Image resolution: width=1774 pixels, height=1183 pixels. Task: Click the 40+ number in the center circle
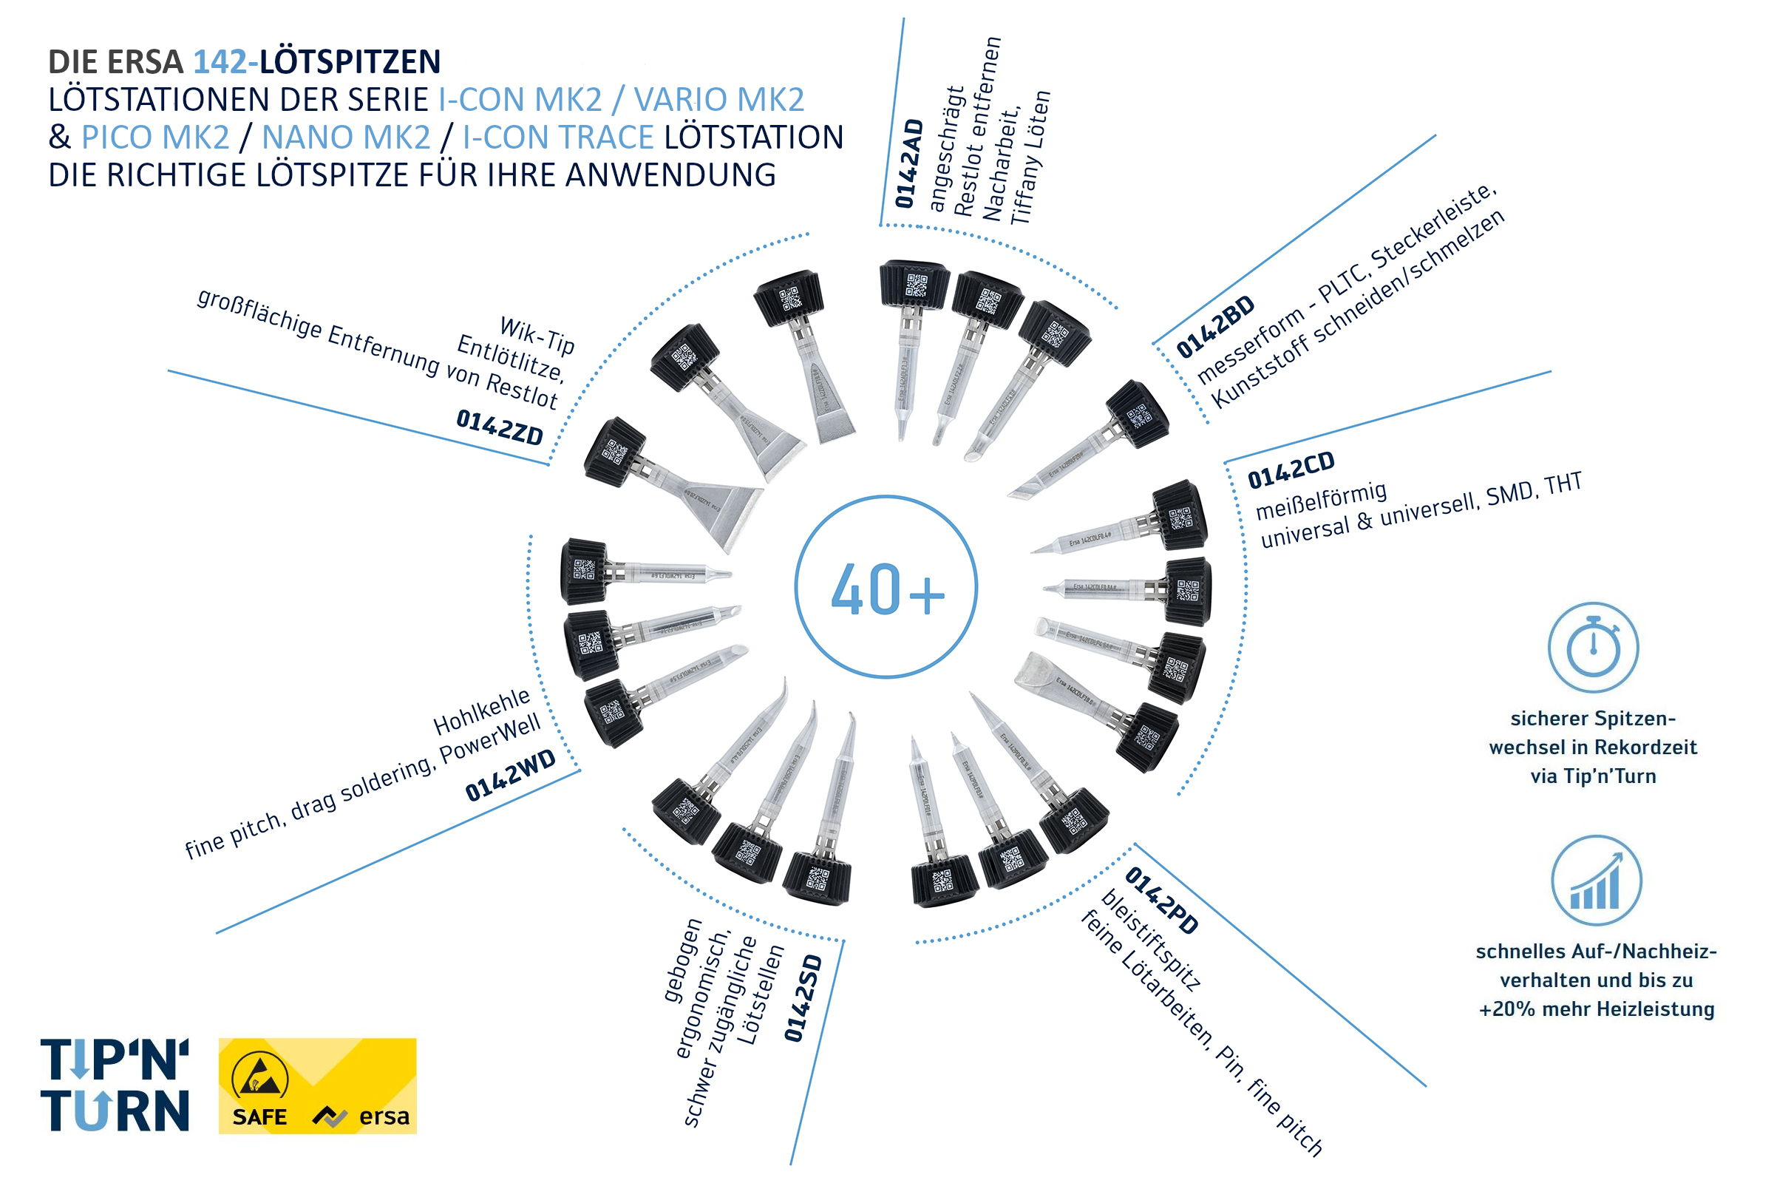point(887,589)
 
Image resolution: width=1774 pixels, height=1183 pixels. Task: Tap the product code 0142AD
point(909,163)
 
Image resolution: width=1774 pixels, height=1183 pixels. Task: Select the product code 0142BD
point(1215,326)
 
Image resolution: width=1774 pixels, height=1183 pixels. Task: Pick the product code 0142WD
point(510,775)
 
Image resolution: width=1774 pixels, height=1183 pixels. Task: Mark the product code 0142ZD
point(500,427)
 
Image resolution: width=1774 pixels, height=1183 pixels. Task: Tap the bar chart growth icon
point(1596,881)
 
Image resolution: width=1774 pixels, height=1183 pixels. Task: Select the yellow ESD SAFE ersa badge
point(318,1085)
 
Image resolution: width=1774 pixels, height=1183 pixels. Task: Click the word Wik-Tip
point(537,335)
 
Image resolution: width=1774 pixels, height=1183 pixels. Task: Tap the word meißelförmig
point(1321,501)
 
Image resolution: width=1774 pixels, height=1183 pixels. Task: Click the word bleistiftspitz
point(1151,938)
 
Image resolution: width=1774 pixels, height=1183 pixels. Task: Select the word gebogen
point(682,960)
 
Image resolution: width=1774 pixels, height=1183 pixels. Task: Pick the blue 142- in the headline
point(225,62)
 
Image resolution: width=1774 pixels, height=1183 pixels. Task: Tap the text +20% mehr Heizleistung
point(1597,1009)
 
